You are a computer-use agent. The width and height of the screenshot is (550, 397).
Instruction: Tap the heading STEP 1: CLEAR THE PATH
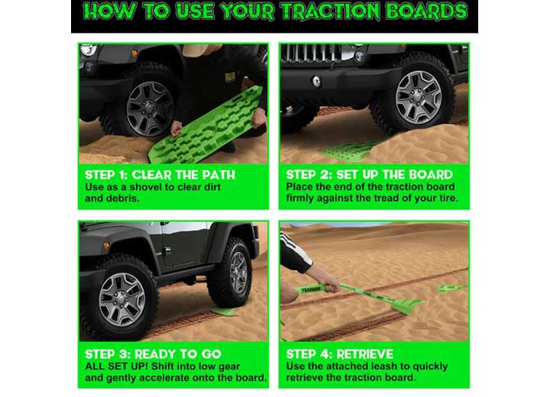coord(160,175)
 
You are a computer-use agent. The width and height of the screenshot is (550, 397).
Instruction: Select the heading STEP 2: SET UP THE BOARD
coord(369,175)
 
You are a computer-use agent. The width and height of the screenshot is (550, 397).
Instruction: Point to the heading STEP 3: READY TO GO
coord(153,353)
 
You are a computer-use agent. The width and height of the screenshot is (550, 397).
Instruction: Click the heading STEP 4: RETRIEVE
coord(339,353)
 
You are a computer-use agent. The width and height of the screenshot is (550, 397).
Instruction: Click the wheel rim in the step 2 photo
coord(418,96)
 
